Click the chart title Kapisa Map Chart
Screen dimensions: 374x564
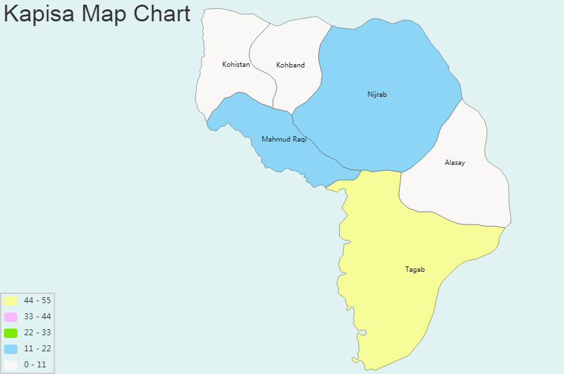97,14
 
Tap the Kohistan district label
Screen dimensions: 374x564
236,65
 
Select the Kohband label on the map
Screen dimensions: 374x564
290,65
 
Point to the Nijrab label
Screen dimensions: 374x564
376,94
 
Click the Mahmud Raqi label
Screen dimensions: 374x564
284,139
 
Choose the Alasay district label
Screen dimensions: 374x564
455,163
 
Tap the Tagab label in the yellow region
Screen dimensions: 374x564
414,270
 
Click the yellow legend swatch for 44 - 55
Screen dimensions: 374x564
11,301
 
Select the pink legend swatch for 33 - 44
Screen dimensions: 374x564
11,317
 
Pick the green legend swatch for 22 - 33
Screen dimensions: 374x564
11,333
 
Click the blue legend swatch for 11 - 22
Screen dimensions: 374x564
11,349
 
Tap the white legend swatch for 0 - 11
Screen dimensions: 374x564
11,365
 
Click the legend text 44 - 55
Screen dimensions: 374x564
37,301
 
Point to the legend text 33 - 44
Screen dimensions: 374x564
37,317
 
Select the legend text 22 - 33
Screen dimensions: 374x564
37,333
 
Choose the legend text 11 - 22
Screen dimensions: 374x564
37,349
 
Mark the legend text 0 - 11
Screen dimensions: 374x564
35,365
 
